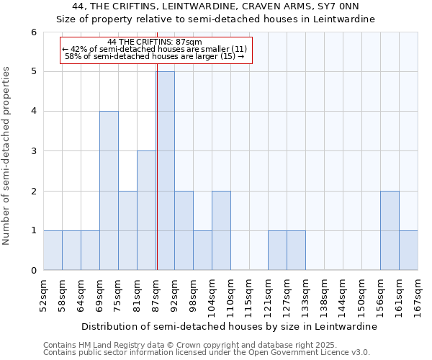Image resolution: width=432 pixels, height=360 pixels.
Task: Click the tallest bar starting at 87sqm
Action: (x=165, y=171)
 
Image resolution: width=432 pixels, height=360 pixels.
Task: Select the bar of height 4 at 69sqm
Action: (x=109, y=191)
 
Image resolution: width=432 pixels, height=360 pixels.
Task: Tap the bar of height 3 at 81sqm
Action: (x=146, y=210)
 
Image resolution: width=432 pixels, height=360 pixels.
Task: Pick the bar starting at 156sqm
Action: (x=390, y=230)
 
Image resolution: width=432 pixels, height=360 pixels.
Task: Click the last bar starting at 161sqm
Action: (x=408, y=251)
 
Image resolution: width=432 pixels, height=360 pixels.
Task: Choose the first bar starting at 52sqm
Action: (x=53, y=251)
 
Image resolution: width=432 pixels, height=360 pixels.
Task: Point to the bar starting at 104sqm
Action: (x=221, y=230)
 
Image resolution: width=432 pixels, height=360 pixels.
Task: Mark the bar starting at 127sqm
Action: (x=296, y=251)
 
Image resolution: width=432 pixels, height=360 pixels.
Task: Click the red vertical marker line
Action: (x=156, y=180)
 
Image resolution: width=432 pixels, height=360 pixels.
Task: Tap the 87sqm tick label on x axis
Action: (x=156, y=293)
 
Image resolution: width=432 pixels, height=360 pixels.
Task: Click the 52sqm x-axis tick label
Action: (x=44, y=293)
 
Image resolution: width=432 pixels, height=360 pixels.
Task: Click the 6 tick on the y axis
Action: (x=33, y=32)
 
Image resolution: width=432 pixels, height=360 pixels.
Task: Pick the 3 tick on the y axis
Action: (x=33, y=151)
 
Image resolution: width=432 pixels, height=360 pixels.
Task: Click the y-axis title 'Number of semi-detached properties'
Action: (x=7, y=156)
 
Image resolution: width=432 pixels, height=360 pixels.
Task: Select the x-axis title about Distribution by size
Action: (x=230, y=326)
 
